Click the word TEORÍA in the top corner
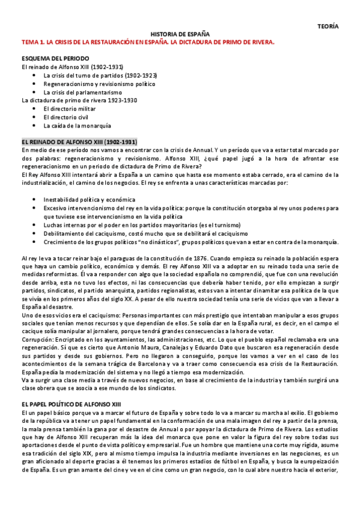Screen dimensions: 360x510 (x=328, y=26)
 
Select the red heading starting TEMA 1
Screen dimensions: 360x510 (x=147, y=43)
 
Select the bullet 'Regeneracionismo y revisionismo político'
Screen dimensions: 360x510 (x=99, y=84)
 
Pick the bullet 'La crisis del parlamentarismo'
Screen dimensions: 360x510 (x=83, y=93)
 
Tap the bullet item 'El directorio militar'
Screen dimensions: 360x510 (x=70, y=109)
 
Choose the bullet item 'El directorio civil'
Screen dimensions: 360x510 (x=67, y=118)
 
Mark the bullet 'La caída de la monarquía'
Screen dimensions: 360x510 (x=77, y=126)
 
